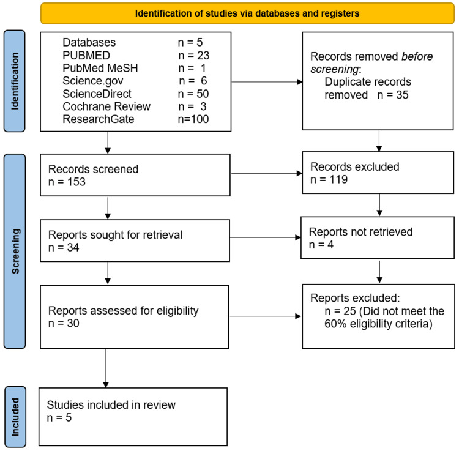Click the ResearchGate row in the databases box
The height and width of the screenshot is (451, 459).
point(135,118)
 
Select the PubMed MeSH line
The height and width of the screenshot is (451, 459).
point(135,67)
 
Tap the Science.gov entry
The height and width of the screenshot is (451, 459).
point(135,80)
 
